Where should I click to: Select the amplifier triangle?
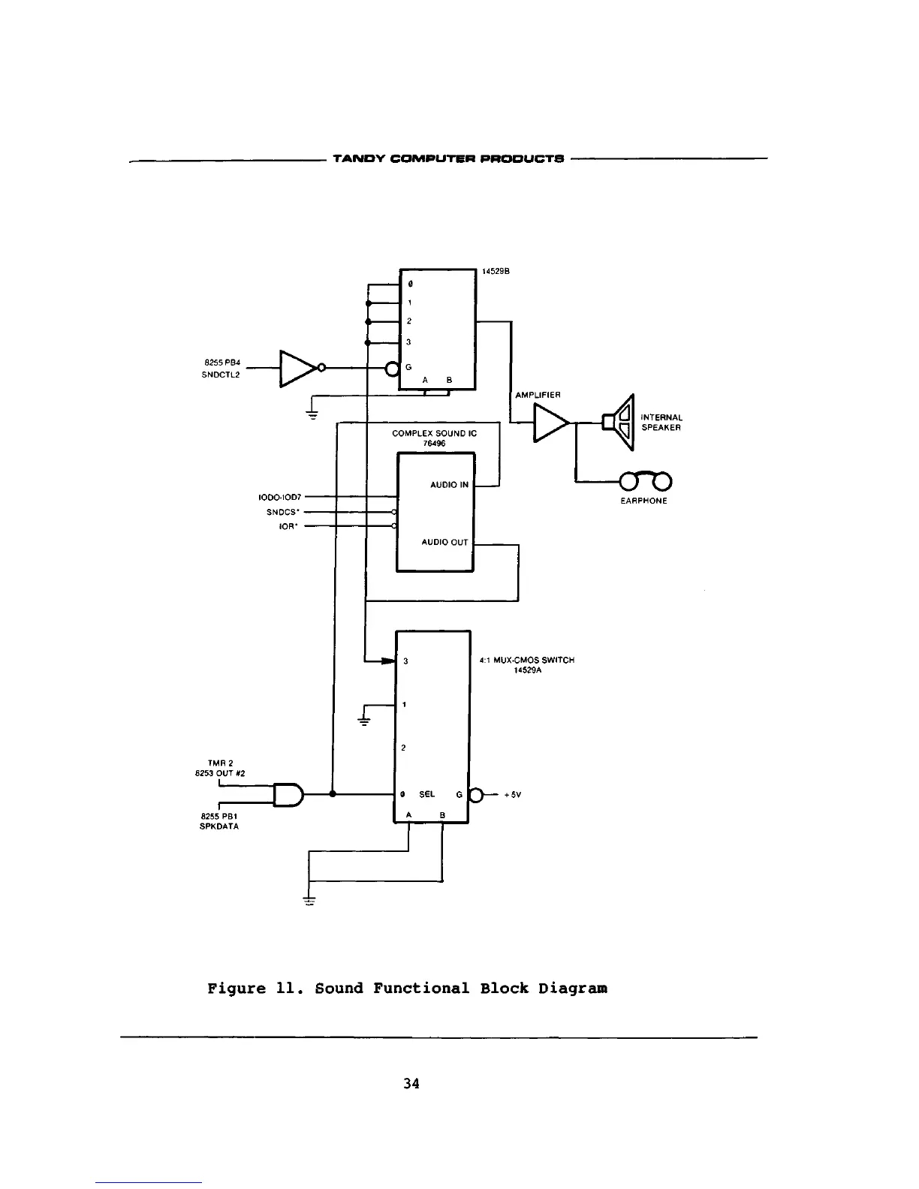click(x=550, y=423)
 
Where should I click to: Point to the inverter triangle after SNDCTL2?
click(x=297, y=368)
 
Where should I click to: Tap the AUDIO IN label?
click(x=449, y=485)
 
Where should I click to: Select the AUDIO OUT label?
click(x=444, y=542)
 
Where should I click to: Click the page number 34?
click(x=411, y=1083)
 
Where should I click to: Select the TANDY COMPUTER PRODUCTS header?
click(x=448, y=159)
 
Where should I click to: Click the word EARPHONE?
click(x=643, y=501)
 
